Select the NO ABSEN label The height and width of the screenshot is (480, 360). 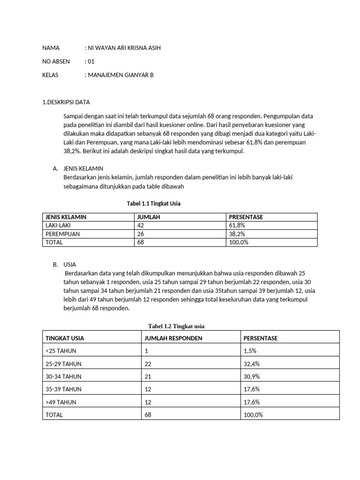click(x=56, y=61)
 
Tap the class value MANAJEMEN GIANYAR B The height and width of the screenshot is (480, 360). click(x=120, y=75)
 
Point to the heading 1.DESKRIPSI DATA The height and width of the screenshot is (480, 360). click(x=66, y=102)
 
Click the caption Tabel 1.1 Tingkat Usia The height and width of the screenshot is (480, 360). click(x=154, y=203)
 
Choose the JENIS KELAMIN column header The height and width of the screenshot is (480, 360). click(x=66, y=217)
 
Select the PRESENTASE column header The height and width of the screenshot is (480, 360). click(x=246, y=217)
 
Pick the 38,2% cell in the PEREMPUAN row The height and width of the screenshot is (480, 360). click(x=237, y=234)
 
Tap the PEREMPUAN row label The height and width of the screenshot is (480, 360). click(x=62, y=234)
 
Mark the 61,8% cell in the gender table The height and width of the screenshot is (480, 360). click(x=237, y=225)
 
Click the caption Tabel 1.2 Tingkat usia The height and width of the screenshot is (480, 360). click(x=177, y=326)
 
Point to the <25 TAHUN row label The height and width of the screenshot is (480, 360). click(x=61, y=351)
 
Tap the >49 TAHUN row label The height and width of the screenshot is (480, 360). click(x=61, y=402)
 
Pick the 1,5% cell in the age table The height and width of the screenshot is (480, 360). click(x=250, y=351)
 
